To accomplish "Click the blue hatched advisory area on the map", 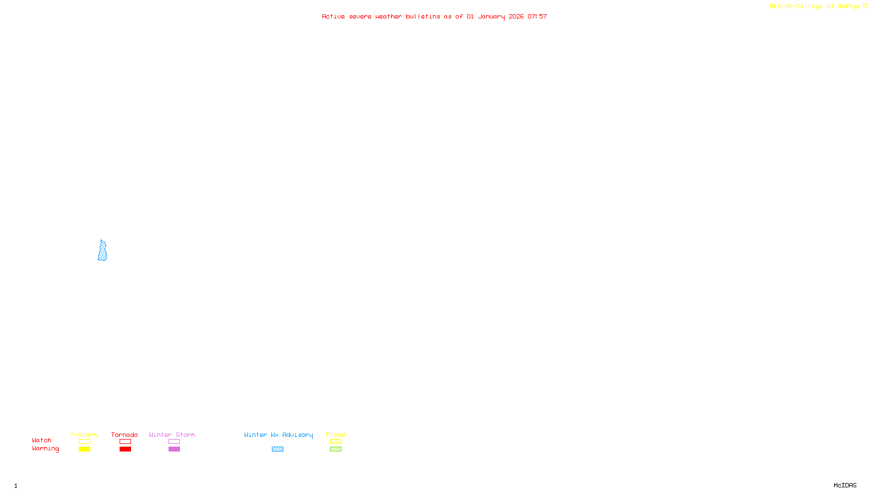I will pos(102,252).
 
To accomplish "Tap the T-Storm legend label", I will pos(84,435).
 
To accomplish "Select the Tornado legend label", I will pos(125,435).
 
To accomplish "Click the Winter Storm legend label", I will pos(172,435).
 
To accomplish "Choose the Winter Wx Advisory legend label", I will pos(278,435).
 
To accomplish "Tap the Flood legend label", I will pos(335,435).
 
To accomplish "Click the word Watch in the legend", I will pos(42,440).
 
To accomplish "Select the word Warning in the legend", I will pos(45,449).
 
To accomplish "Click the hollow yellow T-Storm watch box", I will pos(84,442).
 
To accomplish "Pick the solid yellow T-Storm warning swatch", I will pos(84,449).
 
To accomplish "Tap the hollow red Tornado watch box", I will pos(125,442).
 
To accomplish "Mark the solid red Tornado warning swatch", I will pos(125,449).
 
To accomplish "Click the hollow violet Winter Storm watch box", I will pos(174,442).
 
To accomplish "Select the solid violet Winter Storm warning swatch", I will pos(174,449).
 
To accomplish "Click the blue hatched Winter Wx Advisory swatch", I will pos(277,449).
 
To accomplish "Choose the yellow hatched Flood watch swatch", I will pos(335,442).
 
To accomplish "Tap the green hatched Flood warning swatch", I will pos(335,449).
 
